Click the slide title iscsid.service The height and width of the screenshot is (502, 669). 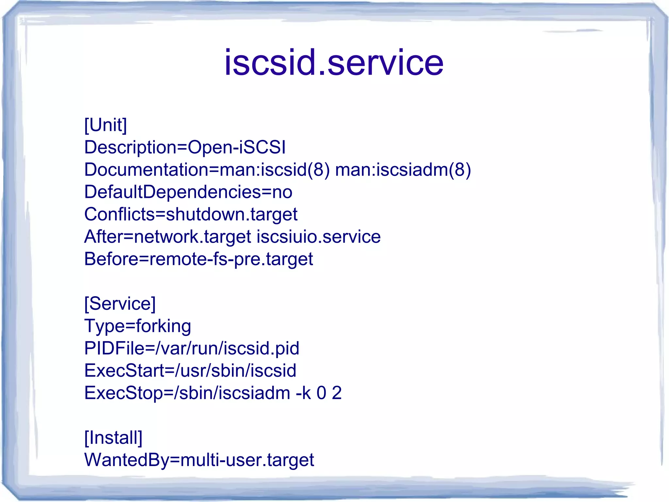point(334,62)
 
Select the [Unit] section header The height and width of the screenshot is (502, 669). point(106,125)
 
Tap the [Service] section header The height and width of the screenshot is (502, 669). point(120,303)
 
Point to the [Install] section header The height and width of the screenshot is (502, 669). point(113,438)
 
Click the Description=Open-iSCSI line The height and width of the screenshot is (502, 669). point(185,147)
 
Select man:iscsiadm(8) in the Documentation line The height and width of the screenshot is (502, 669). point(403,170)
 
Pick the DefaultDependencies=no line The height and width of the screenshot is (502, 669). point(188,192)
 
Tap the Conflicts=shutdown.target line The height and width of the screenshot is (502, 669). point(191,214)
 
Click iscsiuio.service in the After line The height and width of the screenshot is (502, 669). point(318,236)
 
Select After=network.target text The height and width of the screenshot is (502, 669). point(168,236)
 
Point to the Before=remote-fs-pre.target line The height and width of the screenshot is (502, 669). point(199,259)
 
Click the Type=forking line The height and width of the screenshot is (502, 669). point(138,326)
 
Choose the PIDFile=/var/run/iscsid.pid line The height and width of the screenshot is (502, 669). point(192,348)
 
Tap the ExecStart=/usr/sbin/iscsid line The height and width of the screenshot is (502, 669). point(190,371)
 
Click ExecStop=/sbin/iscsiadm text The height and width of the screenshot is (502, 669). point(187,393)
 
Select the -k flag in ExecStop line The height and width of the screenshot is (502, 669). point(303,393)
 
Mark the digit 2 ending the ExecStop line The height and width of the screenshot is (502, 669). point(337,393)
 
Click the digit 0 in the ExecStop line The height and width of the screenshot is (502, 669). point(321,393)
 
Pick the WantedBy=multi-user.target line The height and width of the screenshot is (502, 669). point(199,460)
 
